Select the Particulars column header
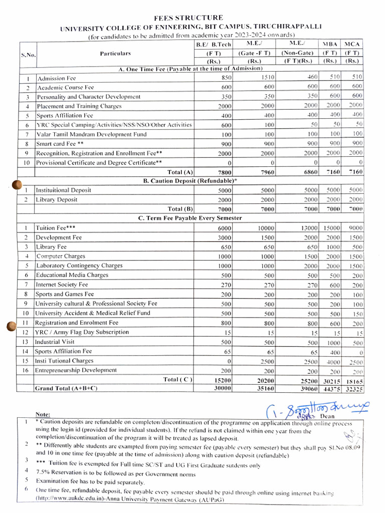[115, 53]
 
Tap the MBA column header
[329, 45]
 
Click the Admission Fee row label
[57, 78]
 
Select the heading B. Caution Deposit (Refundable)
[190, 180]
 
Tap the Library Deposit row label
[56, 199]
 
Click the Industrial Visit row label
[55, 342]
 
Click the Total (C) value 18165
[353, 381]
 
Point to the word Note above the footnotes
[43, 414]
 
